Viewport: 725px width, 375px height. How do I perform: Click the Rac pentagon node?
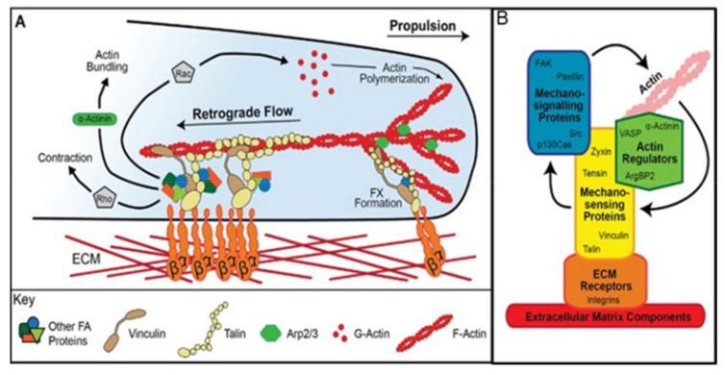183,72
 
